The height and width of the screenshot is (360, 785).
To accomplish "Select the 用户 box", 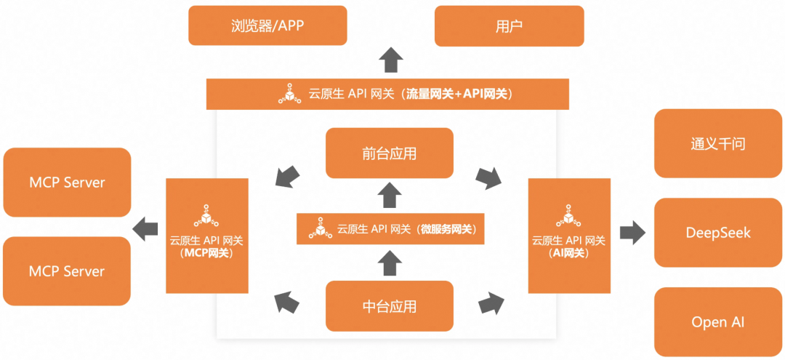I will pos(509,26).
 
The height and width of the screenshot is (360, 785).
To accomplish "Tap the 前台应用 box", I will pos(389,153).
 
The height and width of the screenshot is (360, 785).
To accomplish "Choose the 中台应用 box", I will pos(389,305).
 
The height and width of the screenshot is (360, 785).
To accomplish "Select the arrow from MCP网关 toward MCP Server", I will pos(147,227).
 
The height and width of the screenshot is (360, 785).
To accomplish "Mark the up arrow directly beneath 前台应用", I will pos(390,195).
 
